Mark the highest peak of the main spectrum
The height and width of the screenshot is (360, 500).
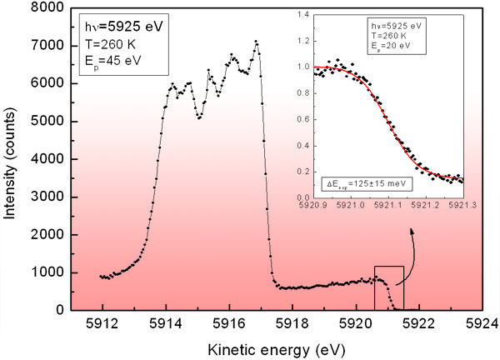pyautogui.click(x=257, y=41)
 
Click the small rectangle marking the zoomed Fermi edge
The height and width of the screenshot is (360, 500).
pyautogui.click(x=389, y=287)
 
